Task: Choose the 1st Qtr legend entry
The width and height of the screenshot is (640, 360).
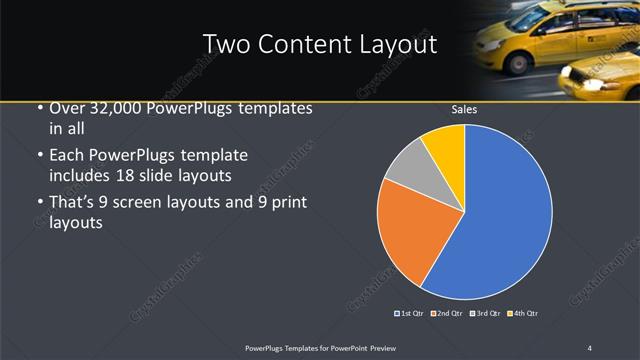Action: pos(410,314)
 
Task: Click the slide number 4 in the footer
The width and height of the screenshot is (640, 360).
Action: pos(589,347)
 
